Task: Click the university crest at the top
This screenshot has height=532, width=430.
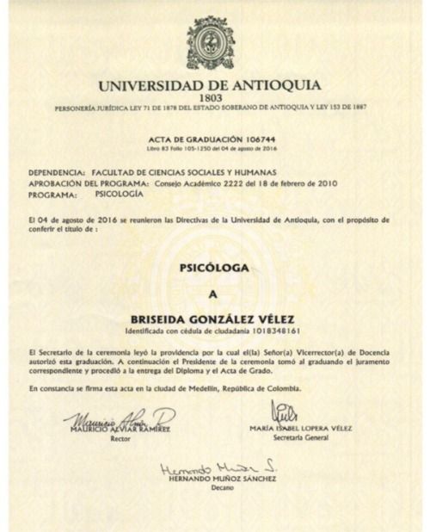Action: (210, 43)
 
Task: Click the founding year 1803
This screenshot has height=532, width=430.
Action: (211, 97)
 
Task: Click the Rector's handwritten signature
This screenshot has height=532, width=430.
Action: (120, 419)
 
